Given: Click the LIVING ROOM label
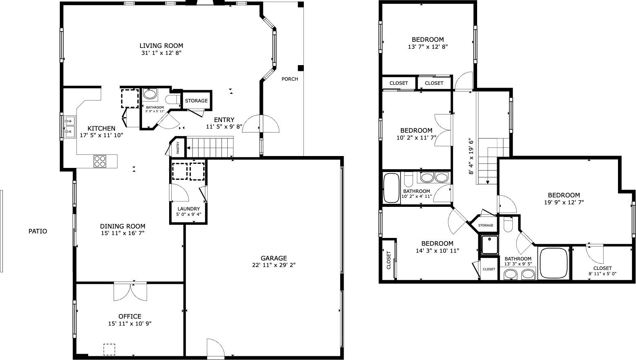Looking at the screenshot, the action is click(x=161, y=45).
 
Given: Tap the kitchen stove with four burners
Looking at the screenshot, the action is click(x=100, y=161).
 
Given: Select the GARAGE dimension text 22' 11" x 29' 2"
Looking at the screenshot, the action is click(x=274, y=265).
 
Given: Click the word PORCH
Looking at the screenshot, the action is click(x=290, y=79).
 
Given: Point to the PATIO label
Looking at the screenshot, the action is click(x=38, y=231).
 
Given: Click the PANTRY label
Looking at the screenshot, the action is click(x=178, y=147).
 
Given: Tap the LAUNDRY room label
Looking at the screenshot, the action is click(x=188, y=209).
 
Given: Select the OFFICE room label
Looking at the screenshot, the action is click(x=130, y=316).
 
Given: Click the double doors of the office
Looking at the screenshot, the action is click(x=130, y=291).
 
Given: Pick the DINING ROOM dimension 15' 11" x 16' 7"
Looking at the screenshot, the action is click(x=123, y=233).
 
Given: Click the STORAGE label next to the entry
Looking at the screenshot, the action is click(x=196, y=100).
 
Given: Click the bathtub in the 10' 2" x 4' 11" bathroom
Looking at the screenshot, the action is click(x=391, y=188).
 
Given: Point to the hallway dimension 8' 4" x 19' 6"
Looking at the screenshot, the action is click(x=471, y=156).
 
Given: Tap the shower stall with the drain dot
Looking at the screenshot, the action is click(x=489, y=245).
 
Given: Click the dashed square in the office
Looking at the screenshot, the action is click(x=109, y=349).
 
